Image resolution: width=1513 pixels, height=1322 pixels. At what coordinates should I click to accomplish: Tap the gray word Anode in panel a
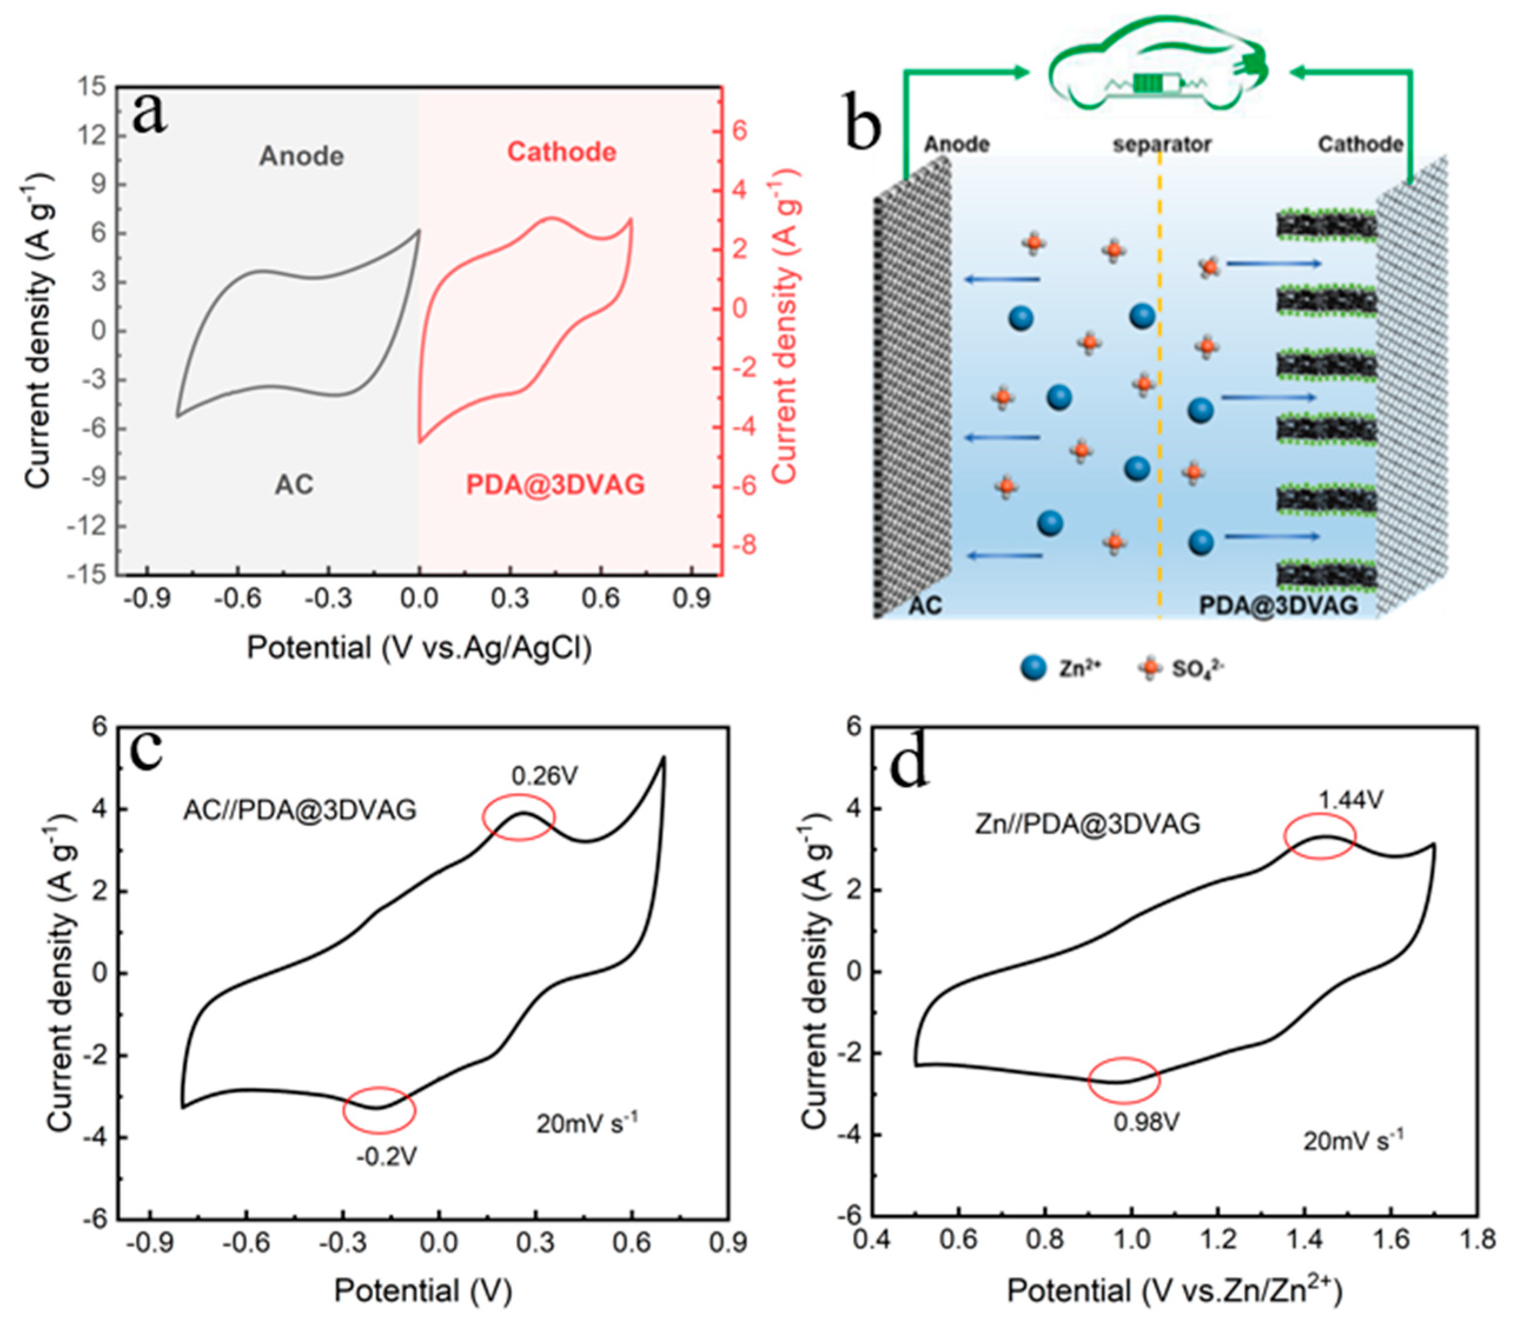tap(301, 157)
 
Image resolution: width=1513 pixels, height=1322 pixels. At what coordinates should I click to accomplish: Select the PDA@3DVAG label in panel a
tap(555, 484)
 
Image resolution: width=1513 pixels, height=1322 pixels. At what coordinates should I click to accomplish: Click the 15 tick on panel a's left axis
tap(94, 88)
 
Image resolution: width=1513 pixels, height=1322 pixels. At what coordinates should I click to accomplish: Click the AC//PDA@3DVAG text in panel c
tap(300, 810)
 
